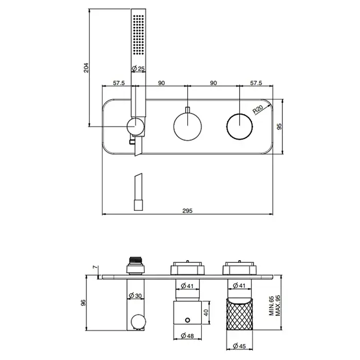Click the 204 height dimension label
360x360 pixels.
point(86,68)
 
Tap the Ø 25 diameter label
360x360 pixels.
point(138,68)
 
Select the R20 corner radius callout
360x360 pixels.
point(258,110)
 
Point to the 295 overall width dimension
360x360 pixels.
point(187,210)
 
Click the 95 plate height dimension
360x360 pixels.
point(279,127)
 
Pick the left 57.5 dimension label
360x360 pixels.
point(119,83)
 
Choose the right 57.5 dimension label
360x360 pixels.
point(256,83)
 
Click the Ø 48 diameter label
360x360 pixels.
point(187,336)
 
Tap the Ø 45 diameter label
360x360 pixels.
point(239,346)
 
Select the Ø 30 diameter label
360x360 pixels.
point(135,296)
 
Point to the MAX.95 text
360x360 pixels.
point(278,305)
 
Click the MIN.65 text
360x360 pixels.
point(272,306)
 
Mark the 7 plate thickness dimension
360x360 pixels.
point(95,267)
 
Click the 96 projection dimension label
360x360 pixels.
point(83,302)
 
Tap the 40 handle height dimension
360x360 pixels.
point(206,313)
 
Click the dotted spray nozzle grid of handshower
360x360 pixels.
point(138,35)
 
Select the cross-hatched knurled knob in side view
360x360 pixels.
point(239,314)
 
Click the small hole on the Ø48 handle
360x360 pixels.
point(188,320)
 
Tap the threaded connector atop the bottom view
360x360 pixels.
point(136,260)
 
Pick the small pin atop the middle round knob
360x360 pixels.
point(188,110)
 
